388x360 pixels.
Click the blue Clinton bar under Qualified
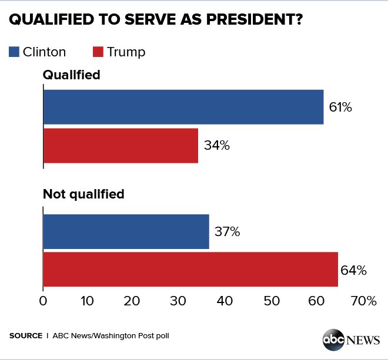coord(183,107)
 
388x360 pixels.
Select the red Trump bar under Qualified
coord(121,146)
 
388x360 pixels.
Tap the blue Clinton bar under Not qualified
coord(126,231)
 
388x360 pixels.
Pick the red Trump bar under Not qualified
coord(190,270)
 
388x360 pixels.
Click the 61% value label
coord(340,107)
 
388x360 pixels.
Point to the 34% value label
coord(217,146)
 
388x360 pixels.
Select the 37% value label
coord(228,232)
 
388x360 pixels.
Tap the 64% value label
coord(354,270)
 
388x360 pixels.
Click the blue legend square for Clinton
coord(15,52)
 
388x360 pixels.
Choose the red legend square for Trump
coord(99,52)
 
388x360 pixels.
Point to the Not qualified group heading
coord(83,194)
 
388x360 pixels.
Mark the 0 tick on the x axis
coord(43,301)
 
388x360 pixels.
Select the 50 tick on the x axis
coord(271,301)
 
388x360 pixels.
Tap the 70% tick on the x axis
coord(364,301)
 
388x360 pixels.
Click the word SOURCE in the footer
coord(25,336)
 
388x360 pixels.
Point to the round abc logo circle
coord(333,341)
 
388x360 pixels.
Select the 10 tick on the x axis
coord(88,301)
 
